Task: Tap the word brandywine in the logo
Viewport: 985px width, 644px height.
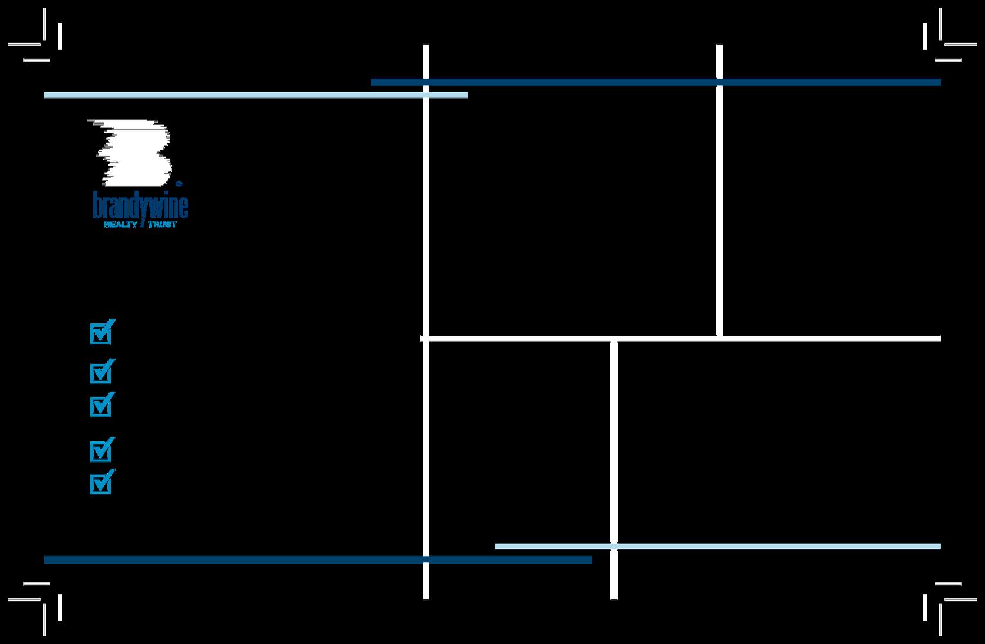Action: [141, 205]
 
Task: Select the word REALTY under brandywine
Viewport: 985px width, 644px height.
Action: [120, 224]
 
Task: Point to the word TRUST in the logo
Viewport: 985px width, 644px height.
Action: [162, 224]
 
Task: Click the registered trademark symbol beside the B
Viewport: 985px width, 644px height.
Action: [178, 183]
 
